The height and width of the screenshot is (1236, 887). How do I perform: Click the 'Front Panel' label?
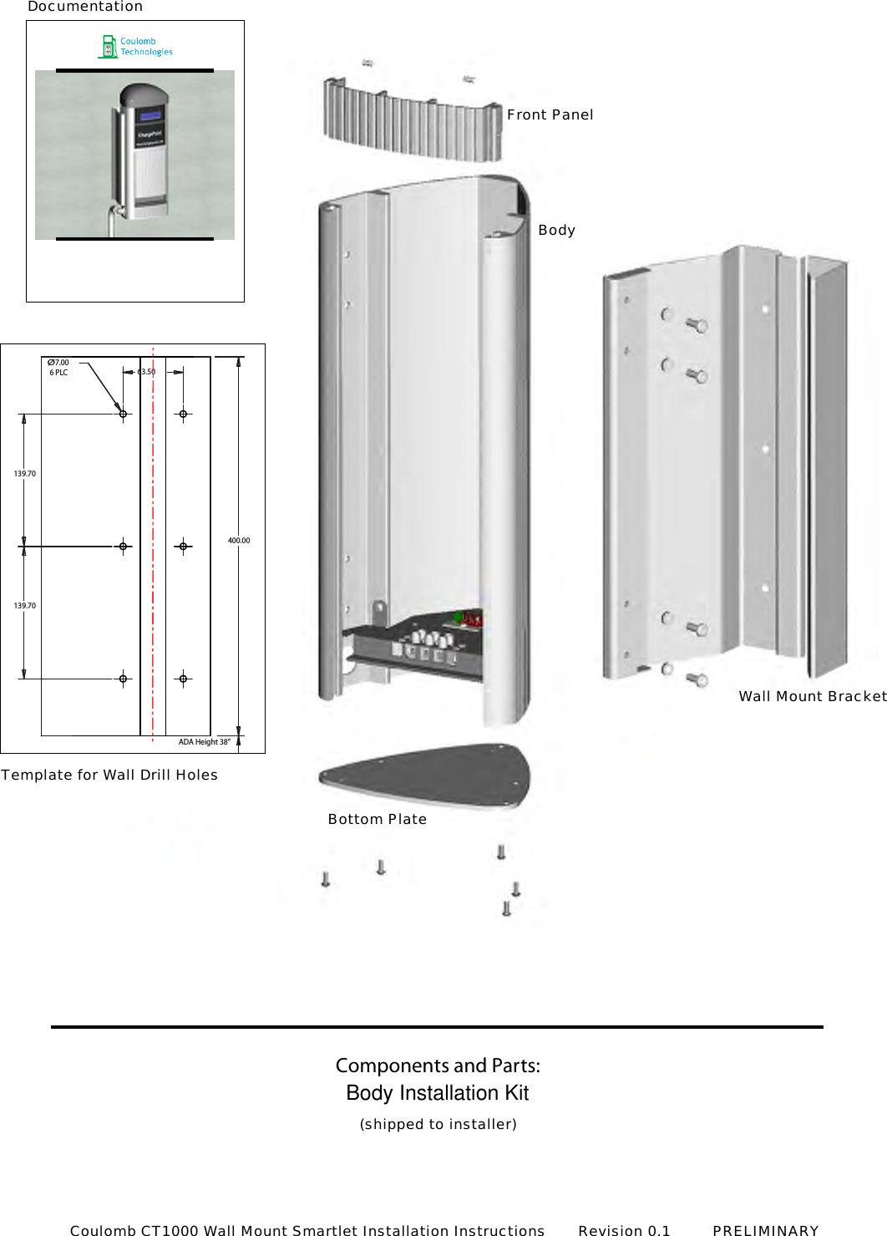pos(550,114)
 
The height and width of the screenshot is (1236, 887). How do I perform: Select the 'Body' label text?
pos(556,230)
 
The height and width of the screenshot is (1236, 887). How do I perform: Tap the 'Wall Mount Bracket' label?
pos(812,696)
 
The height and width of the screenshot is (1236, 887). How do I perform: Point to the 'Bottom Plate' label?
pos(377,819)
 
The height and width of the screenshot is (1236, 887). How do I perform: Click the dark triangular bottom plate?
pos(426,775)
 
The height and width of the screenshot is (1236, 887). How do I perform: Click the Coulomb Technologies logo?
pos(135,47)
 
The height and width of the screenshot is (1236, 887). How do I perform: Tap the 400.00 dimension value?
pos(239,541)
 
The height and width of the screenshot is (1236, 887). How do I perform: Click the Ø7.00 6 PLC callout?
pos(58,368)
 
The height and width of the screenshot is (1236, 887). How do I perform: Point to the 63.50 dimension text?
pos(146,372)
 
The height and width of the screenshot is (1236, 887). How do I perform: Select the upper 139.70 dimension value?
pos(25,474)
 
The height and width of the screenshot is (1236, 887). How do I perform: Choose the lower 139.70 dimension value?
pos(25,606)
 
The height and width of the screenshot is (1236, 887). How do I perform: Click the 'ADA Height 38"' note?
pos(204,742)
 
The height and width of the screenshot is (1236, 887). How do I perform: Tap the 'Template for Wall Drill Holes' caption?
pos(109,775)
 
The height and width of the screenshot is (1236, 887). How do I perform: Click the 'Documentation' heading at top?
pos(85,7)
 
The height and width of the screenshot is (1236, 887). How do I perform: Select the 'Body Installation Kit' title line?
pos(438,1093)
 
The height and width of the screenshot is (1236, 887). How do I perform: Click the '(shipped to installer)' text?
pos(438,1124)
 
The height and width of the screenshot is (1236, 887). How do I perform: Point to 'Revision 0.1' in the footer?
pos(624,1230)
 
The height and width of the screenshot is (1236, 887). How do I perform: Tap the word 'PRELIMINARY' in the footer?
pos(765,1230)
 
